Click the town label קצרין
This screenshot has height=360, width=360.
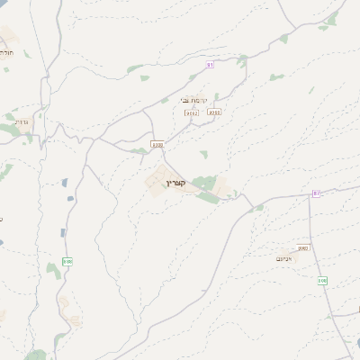coord(176,184)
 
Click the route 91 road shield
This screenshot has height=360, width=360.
coord(210,65)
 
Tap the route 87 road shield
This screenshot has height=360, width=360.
coord(316,193)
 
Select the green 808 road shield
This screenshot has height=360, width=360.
coord(321,281)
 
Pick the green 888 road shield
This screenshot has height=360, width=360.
coord(67,261)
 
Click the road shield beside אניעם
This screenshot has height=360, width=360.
coord(302,247)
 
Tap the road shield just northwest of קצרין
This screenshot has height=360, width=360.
coord(157,144)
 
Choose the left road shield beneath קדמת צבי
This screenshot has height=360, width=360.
coord(192,113)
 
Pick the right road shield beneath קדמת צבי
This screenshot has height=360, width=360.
coord(214,112)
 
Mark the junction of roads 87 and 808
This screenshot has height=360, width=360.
coord(310,193)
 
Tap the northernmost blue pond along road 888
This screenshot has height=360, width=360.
coord(65,183)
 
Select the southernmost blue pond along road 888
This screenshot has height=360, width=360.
coord(63,232)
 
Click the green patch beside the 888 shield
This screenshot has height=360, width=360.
coord(54,270)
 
